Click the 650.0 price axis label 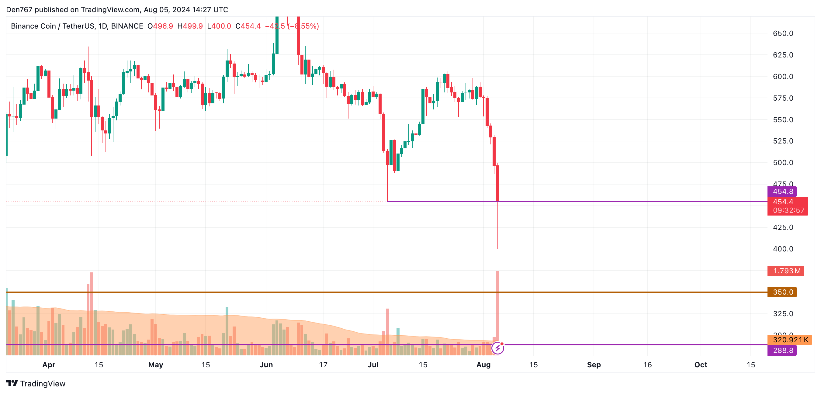tap(783, 33)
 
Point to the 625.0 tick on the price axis tap(783, 55)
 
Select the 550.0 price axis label tap(783, 119)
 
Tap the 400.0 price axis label tap(783, 249)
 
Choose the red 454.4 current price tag tap(787, 206)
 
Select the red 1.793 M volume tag tap(786, 271)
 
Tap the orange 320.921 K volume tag tap(789, 340)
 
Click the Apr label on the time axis tap(49, 365)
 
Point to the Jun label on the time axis tap(266, 365)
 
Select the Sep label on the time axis tap(594, 365)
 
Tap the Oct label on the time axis tap(701, 365)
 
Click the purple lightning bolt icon tap(497, 348)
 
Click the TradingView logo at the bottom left tap(36, 383)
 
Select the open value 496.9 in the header tap(163, 26)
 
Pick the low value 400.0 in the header tap(221, 26)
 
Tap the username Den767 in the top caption tap(19, 9)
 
